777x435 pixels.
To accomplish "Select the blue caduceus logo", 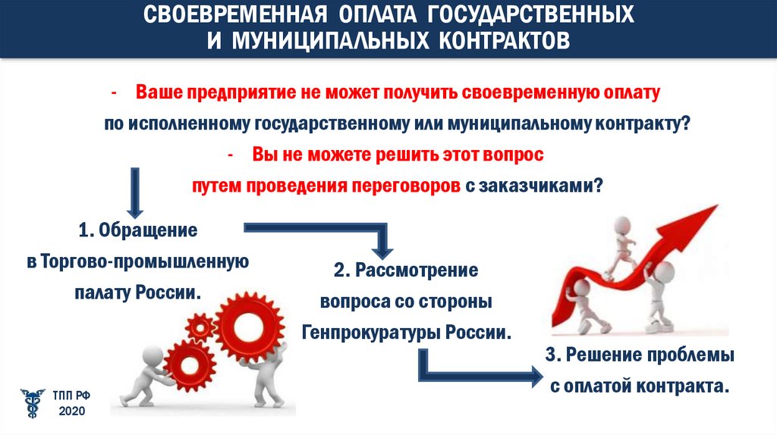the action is point(33,402).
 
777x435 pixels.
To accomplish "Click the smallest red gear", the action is point(200,327).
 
